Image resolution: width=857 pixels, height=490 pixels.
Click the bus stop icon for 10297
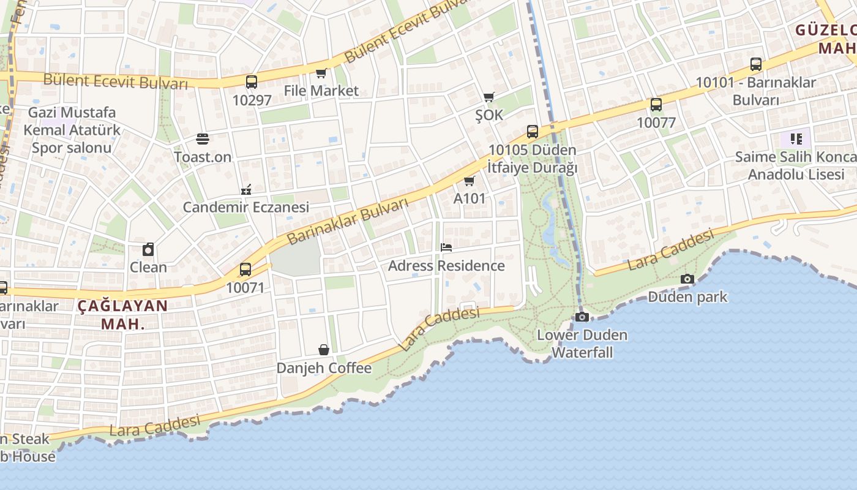251,81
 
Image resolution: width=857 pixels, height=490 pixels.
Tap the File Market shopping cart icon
321,73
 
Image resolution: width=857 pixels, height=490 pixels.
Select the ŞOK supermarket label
489,115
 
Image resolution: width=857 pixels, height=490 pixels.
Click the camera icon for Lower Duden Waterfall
582,317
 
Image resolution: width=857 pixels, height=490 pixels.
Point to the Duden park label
687,297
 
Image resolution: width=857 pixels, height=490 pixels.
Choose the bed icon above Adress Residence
446,247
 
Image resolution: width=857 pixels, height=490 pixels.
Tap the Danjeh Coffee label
324,368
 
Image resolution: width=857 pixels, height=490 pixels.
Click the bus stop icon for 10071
245,269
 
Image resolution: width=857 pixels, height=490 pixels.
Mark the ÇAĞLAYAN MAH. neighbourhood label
122,315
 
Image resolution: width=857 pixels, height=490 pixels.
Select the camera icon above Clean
148,249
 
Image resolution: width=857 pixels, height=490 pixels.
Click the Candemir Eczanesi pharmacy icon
246,189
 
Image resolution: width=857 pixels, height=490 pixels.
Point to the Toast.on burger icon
203,139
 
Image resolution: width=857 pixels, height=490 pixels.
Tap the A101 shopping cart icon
470,181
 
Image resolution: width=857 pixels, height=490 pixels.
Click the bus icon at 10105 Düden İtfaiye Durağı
533,132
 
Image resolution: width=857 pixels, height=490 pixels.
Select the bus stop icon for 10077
656,105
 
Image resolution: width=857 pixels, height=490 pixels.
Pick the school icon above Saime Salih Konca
796,139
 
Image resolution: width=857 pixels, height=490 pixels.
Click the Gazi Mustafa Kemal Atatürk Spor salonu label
72,130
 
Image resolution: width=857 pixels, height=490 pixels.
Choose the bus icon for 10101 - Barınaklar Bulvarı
756,64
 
